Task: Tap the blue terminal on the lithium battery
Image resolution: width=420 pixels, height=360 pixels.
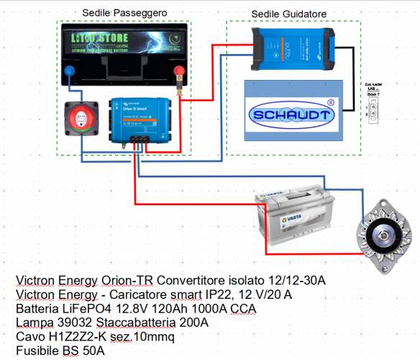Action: pyautogui.click(x=70, y=71)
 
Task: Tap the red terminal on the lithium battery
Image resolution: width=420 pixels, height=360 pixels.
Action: pyautogui.click(x=176, y=71)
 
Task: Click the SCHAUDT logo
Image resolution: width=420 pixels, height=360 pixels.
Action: pyautogui.click(x=291, y=115)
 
